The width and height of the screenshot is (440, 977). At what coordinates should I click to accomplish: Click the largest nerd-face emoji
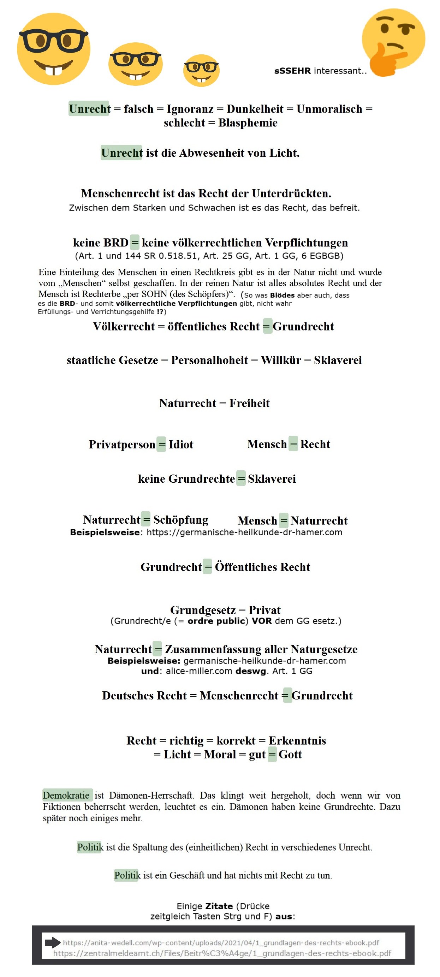click(x=53, y=48)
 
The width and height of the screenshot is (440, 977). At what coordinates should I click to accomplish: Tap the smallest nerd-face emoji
click(x=201, y=71)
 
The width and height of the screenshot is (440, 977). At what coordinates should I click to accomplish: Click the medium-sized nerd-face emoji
click(x=135, y=64)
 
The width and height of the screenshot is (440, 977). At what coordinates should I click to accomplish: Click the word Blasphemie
click(x=248, y=123)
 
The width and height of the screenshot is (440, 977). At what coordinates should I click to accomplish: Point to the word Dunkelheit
click(x=255, y=109)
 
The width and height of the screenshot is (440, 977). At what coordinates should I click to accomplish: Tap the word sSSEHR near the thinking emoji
click(x=292, y=71)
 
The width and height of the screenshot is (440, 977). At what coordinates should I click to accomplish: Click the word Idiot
click(x=181, y=444)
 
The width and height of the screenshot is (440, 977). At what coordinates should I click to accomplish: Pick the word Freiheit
click(x=249, y=403)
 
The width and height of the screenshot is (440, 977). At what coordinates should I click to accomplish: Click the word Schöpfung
click(x=180, y=520)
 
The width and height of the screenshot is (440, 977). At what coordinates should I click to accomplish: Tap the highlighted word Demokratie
click(x=66, y=795)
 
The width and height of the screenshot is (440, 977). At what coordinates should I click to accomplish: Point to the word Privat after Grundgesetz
click(x=264, y=610)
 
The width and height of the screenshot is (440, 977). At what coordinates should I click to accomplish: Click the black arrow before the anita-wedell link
click(x=52, y=942)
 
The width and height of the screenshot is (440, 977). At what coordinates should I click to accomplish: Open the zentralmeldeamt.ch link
click(x=222, y=953)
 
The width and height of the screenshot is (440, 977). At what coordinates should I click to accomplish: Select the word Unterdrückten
click(x=291, y=193)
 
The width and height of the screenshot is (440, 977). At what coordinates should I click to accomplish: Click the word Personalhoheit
click(x=209, y=360)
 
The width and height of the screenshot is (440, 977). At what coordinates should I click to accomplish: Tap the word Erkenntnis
click(x=297, y=740)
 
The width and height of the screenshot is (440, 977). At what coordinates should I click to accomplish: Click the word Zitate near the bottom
click(x=219, y=906)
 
